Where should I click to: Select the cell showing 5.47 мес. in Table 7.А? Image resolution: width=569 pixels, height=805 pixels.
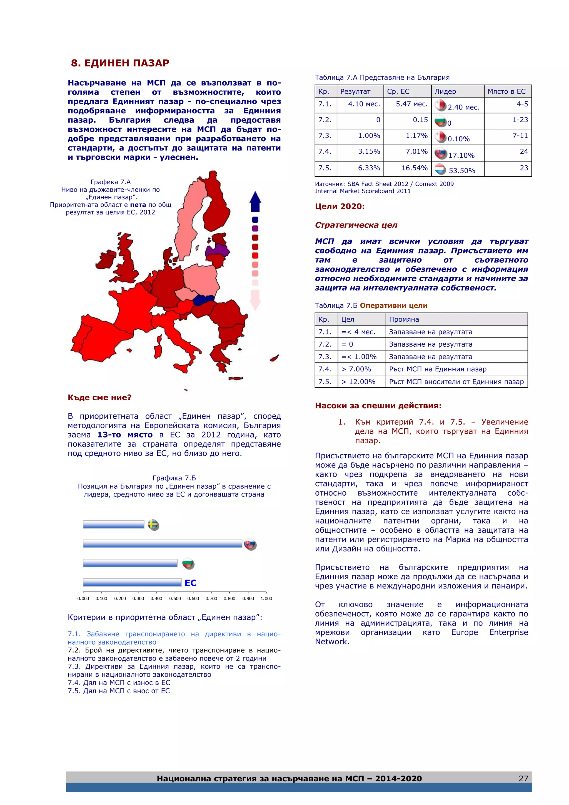coord(408,105)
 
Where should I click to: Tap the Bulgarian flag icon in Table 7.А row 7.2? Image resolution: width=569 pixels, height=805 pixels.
coord(440,121)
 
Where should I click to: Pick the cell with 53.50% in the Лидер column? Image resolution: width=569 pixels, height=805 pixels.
coord(458,169)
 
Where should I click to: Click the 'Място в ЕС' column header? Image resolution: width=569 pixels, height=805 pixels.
coord(507,91)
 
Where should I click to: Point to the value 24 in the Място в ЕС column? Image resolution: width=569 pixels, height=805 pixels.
coord(524,152)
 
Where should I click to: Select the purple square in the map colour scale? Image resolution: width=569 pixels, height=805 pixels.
coord(255,228)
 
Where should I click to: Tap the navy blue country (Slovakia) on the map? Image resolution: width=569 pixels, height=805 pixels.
coord(203,300)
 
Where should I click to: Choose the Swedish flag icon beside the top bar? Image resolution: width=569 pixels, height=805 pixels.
coord(153,525)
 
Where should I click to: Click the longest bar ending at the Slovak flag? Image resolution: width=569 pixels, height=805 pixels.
coord(162,544)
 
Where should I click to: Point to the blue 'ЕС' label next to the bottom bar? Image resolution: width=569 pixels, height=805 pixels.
coord(190,583)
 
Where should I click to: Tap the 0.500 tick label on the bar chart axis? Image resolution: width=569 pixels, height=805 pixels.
coord(175,598)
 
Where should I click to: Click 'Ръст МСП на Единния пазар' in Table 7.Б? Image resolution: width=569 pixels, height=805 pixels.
coord(438,369)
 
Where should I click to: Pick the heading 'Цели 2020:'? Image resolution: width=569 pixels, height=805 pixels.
coord(340,207)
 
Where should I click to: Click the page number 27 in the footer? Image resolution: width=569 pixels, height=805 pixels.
coord(523,778)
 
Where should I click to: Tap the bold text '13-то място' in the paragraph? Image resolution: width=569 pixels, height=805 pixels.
coord(125,435)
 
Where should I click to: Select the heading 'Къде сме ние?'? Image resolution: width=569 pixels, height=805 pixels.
coord(99,397)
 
